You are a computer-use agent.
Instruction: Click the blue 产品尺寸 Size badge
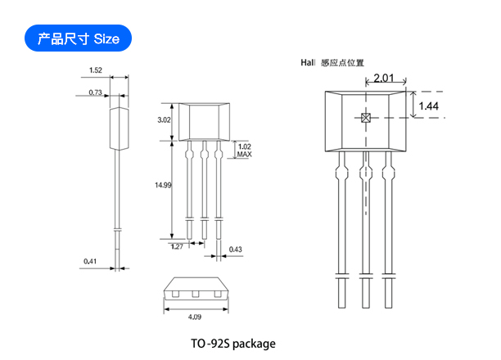pos(78,38)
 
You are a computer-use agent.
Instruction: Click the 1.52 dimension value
pos(96,70)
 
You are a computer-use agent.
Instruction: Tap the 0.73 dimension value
pos(95,92)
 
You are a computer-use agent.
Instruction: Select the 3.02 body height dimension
pos(164,119)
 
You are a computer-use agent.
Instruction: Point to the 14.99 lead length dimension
pos(163,185)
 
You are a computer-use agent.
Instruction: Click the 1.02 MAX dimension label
pos(245,151)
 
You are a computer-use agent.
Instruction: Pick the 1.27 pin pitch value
pos(177,246)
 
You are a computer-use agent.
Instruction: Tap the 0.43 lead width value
pos(236,250)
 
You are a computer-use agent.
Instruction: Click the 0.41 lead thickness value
pos(90,261)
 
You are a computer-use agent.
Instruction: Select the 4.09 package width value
pos(195,317)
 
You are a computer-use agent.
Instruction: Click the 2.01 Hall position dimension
pos(383,78)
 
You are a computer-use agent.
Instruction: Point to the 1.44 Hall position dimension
pos(428,106)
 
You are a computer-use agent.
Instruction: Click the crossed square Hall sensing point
pos(366,118)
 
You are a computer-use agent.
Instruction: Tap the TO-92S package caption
pos(233,344)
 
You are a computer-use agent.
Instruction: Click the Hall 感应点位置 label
pos(332,63)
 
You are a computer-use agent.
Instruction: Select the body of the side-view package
pos(120,128)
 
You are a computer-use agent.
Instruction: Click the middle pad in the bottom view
pos(195,294)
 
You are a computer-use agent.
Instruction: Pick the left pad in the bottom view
pos(175,294)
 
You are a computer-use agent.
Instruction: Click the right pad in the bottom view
pos(217,294)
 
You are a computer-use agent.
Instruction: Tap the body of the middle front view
pos(204,122)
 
